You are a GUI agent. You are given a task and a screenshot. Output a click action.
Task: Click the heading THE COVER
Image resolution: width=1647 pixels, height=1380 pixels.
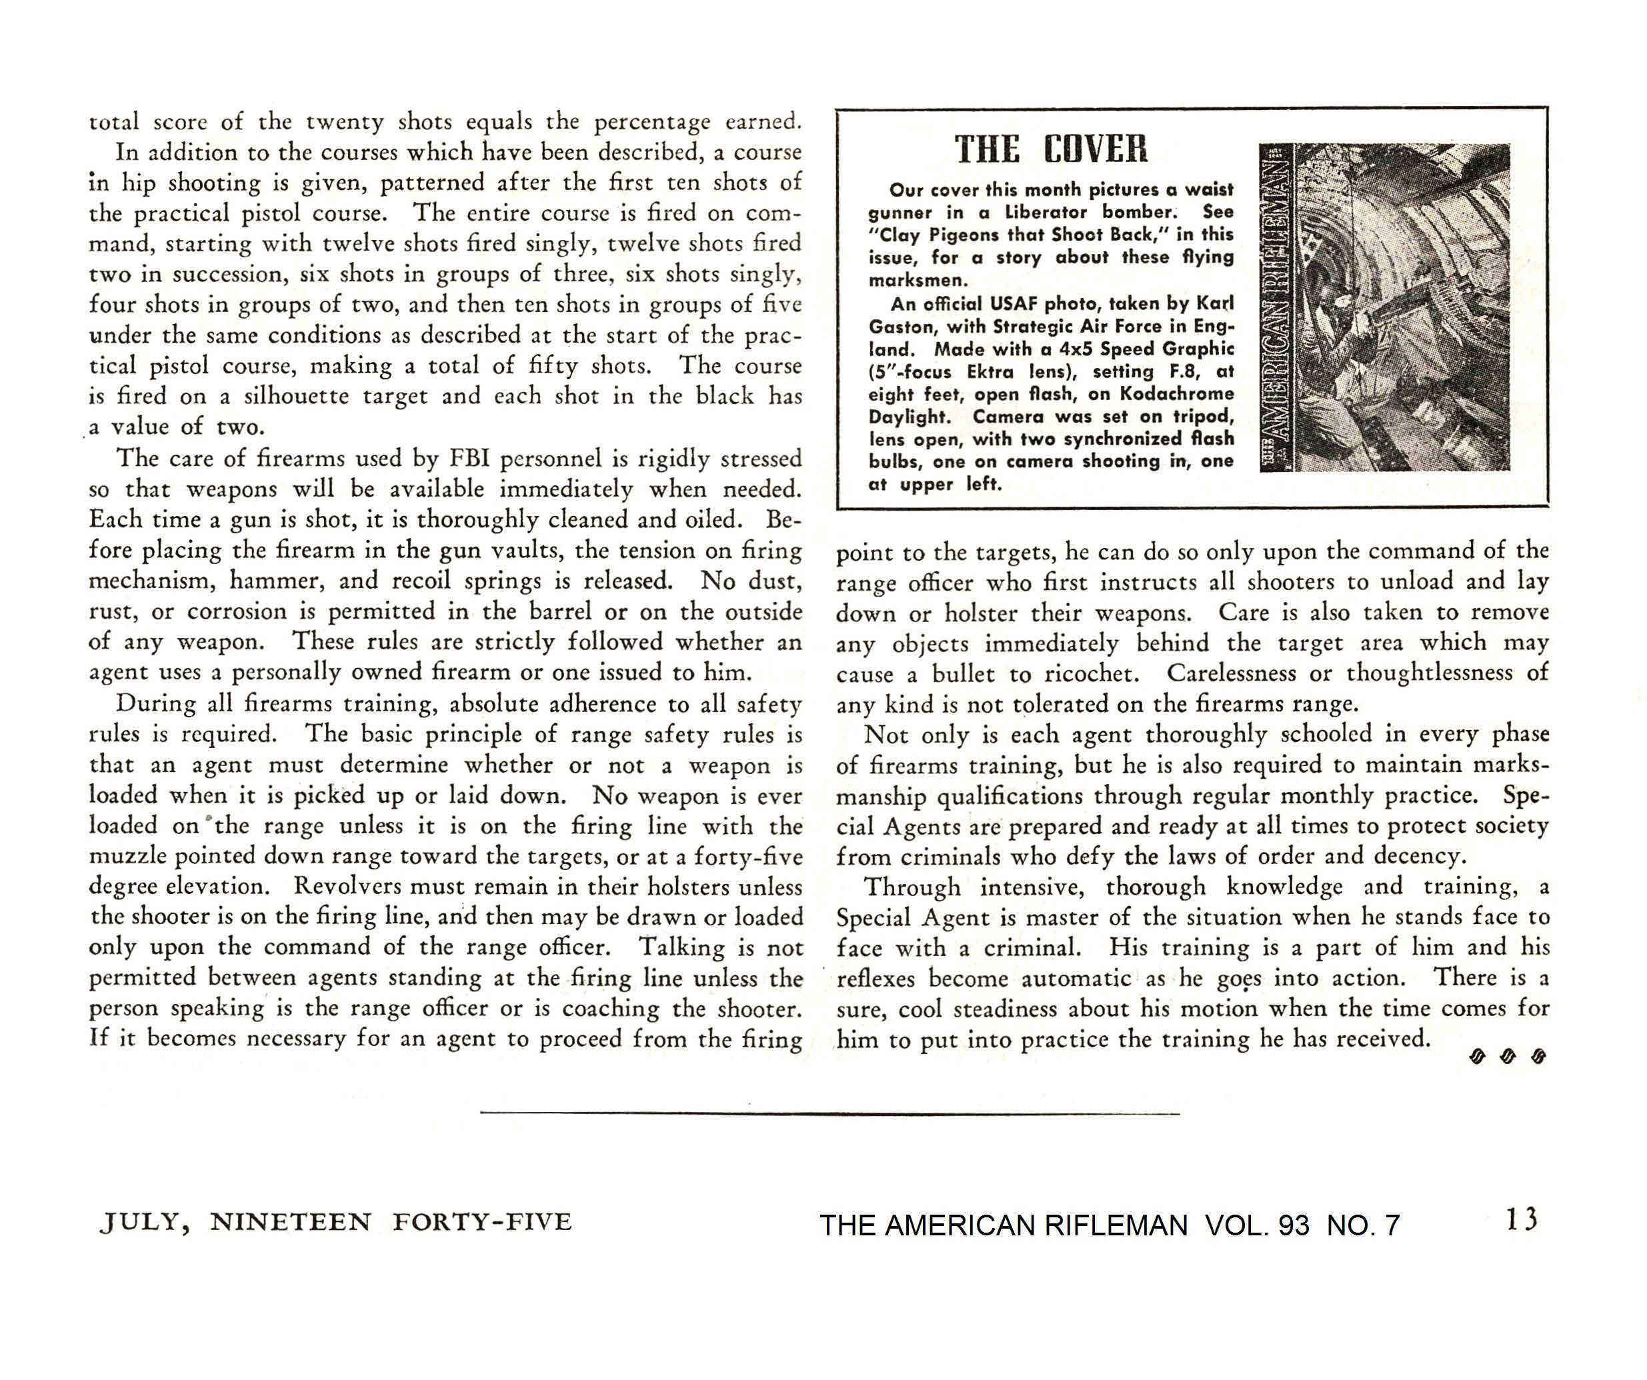pyautogui.click(x=1051, y=149)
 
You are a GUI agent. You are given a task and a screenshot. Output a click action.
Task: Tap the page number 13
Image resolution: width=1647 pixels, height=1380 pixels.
pyautogui.click(x=1522, y=1219)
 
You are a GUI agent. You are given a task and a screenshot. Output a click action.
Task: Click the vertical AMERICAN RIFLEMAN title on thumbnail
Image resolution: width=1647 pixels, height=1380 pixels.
pyautogui.click(x=1274, y=307)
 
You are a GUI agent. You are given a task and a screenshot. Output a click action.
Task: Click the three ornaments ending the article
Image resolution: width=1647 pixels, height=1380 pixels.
pyautogui.click(x=1506, y=1057)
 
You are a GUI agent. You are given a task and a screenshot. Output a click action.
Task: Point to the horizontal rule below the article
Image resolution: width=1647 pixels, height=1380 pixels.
pyautogui.click(x=830, y=1113)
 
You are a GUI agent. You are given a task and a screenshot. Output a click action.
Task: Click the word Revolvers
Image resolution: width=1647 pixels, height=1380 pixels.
pyautogui.click(x=349, y=886)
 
